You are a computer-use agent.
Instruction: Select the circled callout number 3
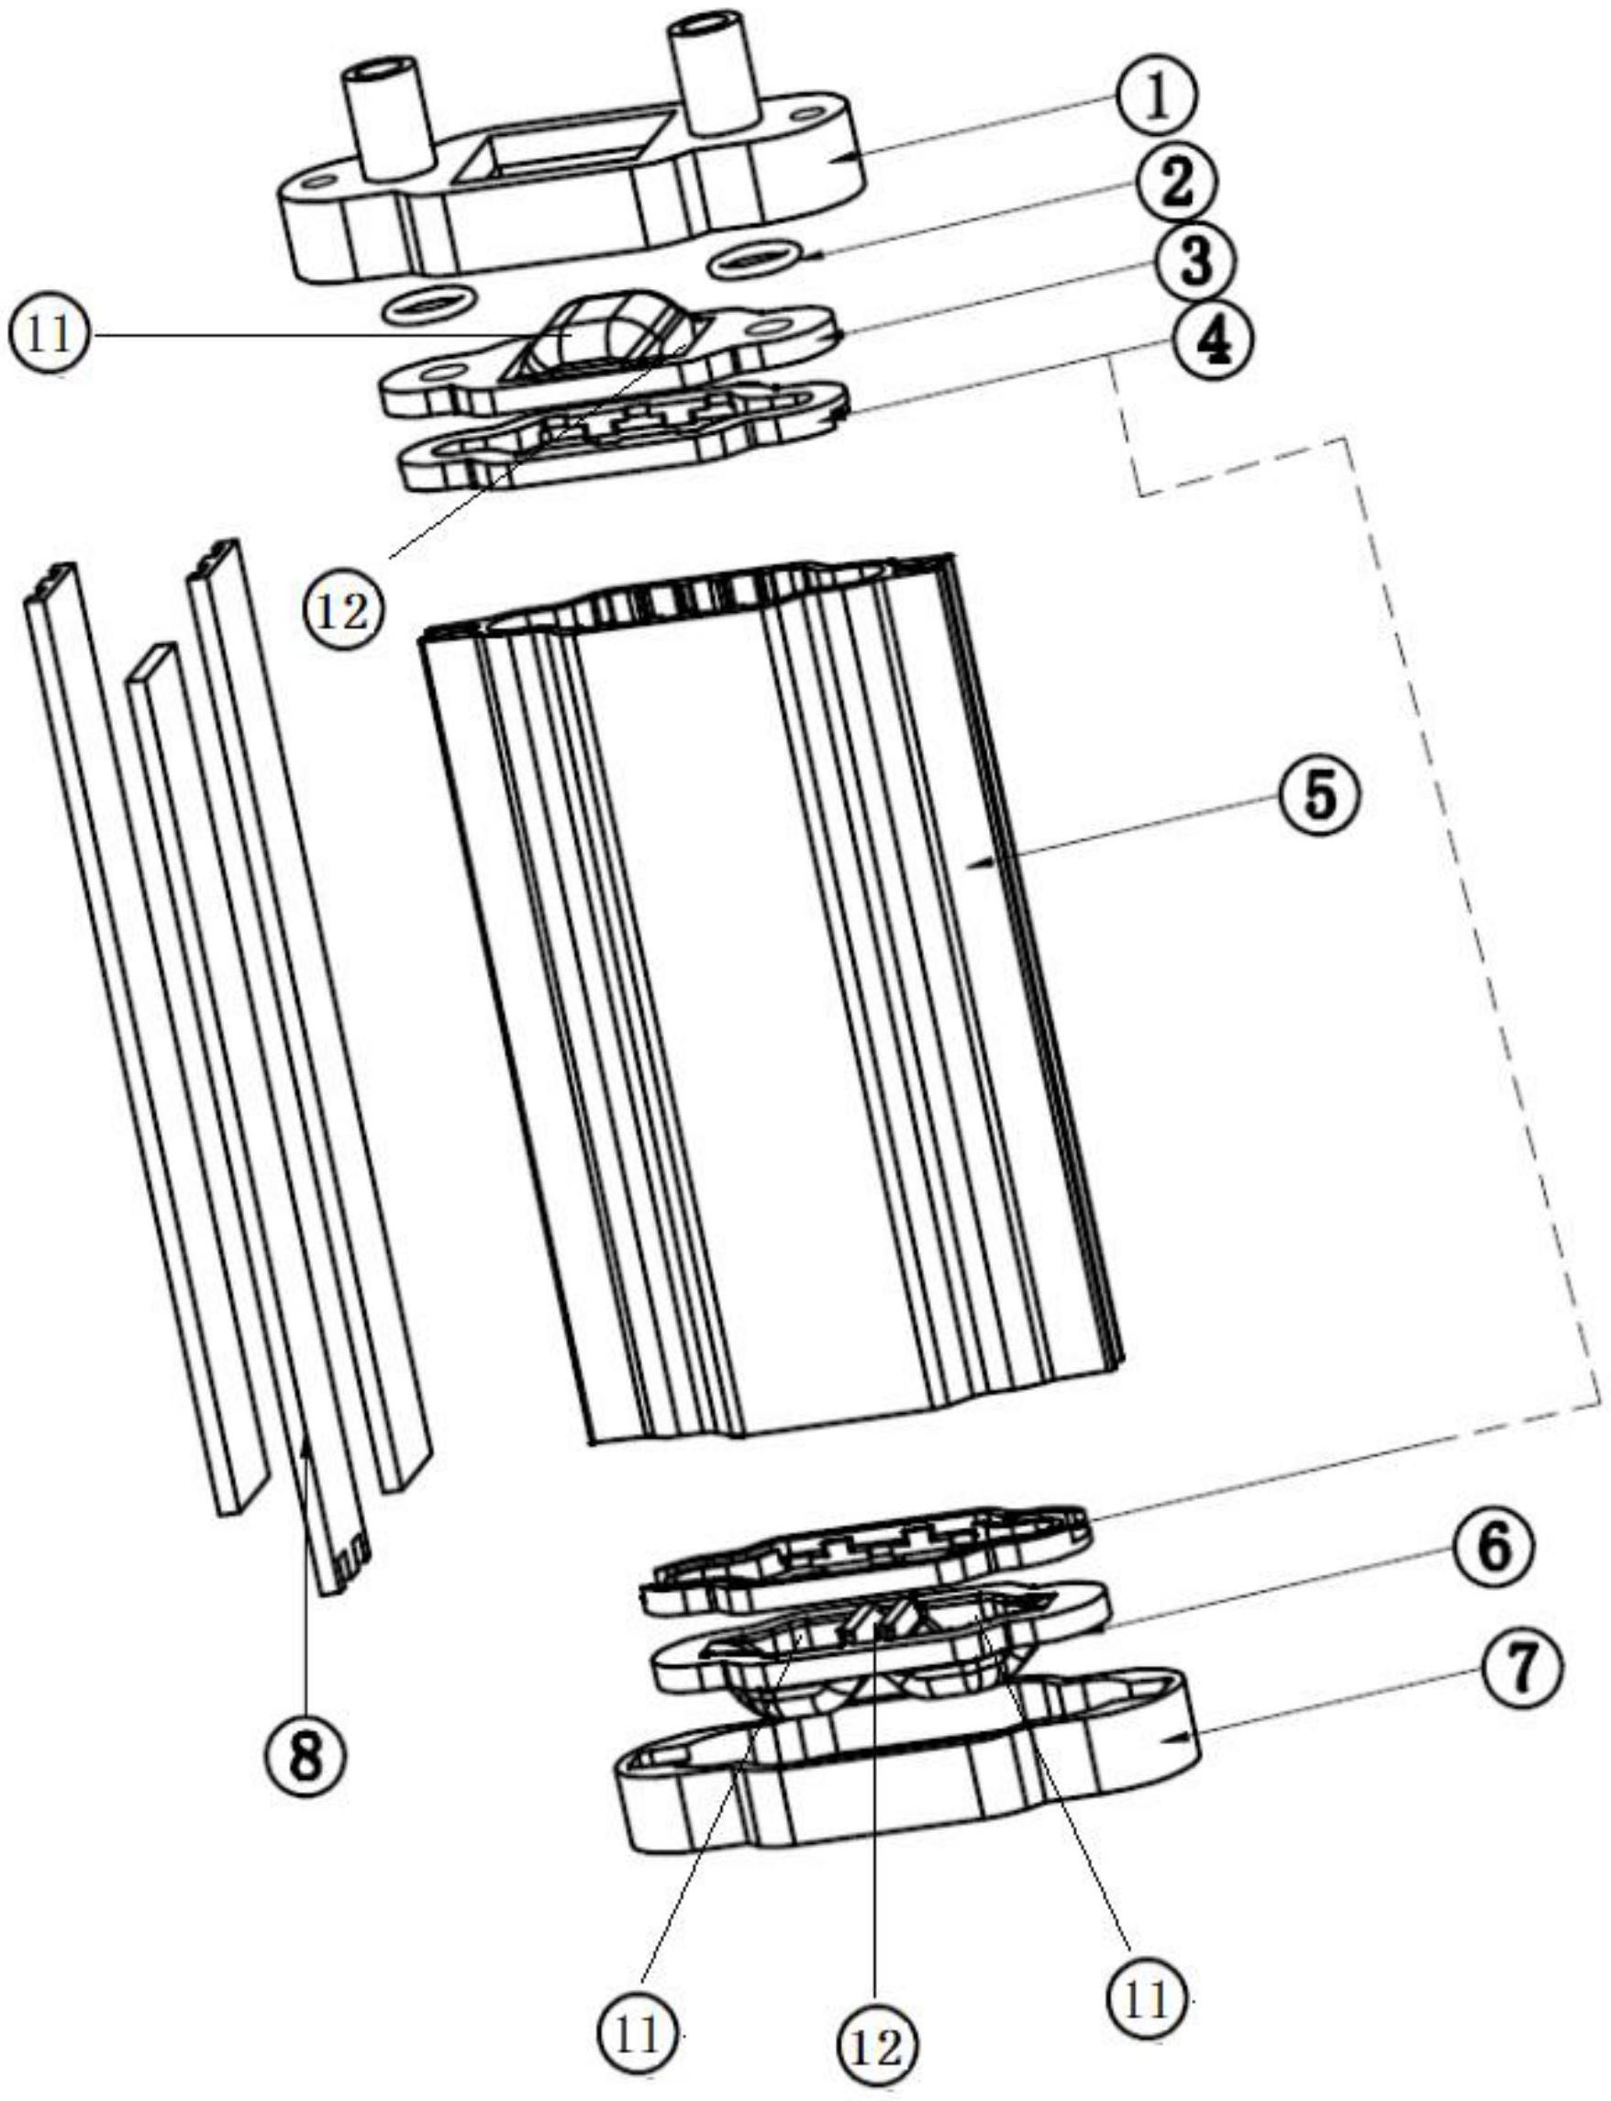click(x=1195, y=263)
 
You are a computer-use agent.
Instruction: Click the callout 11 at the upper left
click(x=48, y=336)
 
